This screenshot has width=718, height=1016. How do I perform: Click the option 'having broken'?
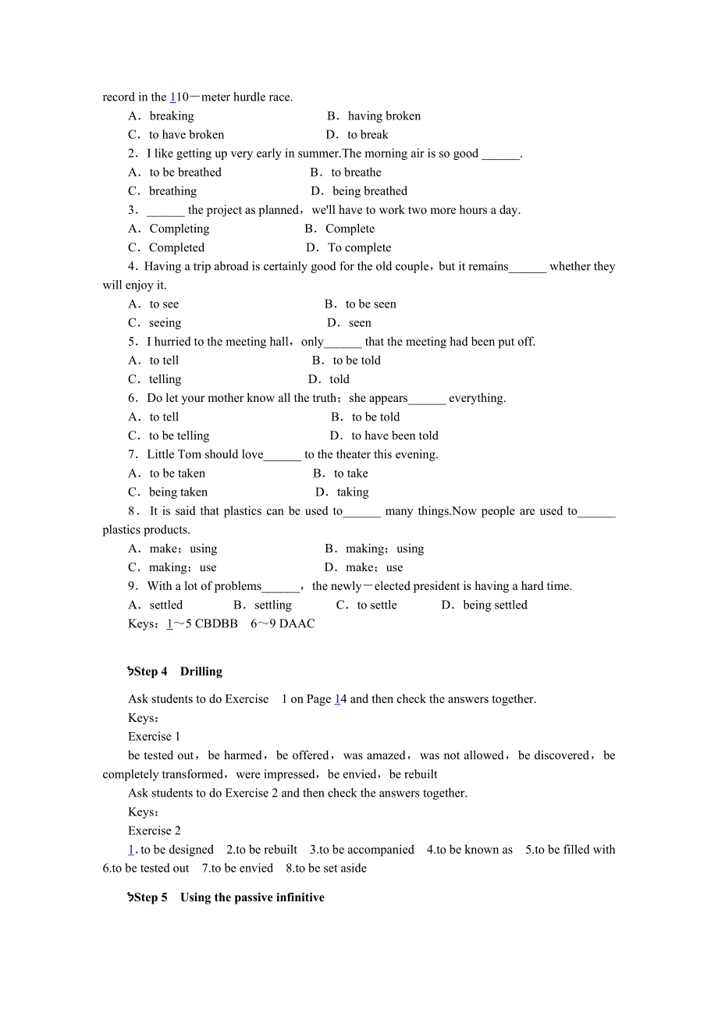point(384,116)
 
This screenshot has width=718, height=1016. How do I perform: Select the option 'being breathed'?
point(370,191)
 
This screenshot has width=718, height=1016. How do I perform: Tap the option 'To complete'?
point(360,247)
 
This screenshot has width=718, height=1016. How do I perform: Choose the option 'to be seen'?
point(371,304)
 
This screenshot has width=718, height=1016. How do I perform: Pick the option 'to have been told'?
point(395,435)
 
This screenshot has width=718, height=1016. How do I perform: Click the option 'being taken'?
point(178,492)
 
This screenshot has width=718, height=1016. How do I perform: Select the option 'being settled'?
point(495,605)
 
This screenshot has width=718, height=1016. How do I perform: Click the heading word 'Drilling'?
point(201,672)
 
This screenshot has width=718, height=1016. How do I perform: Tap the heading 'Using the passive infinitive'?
point(252,897)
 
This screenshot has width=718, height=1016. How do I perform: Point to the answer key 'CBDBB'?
point(216,623)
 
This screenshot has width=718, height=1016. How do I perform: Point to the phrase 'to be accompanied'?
point(366,850)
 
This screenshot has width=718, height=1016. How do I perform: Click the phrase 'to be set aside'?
point(331,869)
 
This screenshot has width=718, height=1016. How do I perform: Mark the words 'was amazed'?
point(374,755)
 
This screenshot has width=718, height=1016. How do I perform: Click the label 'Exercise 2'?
point(155,831)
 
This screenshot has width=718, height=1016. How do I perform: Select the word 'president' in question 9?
point(438,586)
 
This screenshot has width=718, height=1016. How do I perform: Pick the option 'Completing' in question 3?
point(179,229)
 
